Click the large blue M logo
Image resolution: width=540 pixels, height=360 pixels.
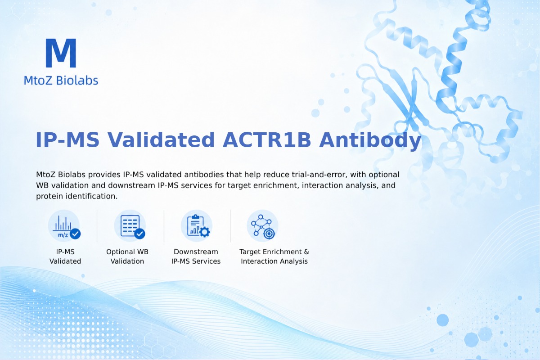tap(61, 53)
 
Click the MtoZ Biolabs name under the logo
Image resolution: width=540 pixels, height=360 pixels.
tap(61, 80)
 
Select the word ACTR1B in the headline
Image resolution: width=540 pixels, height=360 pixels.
tap(266, 140)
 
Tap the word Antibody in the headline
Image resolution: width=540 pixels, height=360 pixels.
tap(370, 140)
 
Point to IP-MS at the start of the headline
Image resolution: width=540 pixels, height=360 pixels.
tap(67, 140)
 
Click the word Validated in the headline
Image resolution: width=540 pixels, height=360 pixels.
tap(161, 140)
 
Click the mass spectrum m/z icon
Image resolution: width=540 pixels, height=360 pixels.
tap(64, 226)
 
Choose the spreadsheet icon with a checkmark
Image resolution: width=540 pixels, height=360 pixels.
tap(130, 226)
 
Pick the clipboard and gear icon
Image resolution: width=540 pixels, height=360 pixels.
tap(197, 226)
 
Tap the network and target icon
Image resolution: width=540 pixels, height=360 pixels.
tap(262, 226)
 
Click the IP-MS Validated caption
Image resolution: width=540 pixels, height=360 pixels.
tap(65, 256)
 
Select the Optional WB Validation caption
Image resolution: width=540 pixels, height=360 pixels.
tap(127, 256)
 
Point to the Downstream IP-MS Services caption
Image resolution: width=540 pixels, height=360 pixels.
tap(196, 256)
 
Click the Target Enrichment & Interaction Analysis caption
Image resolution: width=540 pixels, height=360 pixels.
tap(274, 256)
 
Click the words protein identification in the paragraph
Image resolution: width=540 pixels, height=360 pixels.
tap(77, 196)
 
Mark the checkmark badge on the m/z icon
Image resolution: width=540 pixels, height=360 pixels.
tap(75, 234)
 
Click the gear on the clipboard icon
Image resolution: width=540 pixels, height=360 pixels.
tap(205, 232)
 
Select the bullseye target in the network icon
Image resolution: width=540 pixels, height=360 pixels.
tap(269, 234)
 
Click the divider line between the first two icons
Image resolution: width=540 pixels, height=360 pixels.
tap(97, 226)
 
